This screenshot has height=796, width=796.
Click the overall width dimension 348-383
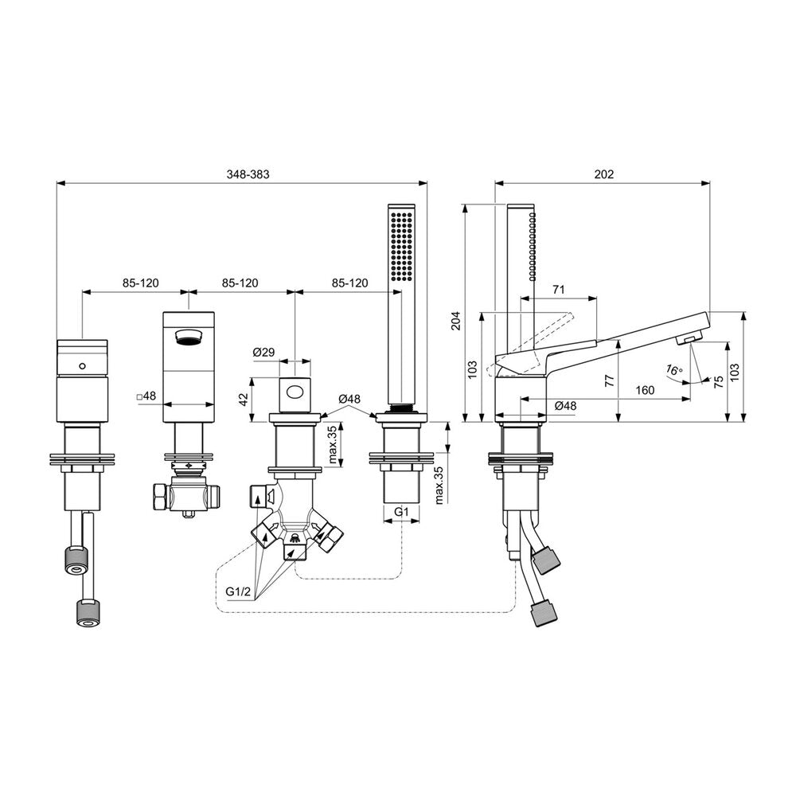[248, 174]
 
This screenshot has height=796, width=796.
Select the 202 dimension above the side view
[603, 174]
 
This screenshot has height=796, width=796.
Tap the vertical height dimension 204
[456, 321]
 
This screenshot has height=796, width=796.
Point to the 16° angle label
[673, 369]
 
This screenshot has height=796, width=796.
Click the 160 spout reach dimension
[645, 390]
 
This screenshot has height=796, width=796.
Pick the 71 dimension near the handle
[559, 290]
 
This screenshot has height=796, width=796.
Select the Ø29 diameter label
[263, 352]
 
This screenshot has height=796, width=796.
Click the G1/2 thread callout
[239, 592]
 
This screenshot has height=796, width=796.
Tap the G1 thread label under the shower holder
[401, 512]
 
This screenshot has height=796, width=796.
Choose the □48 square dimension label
[146, 396]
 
